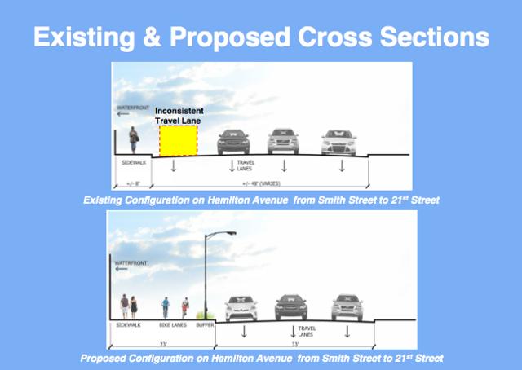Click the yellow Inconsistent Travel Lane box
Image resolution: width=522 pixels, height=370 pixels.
point(179,140)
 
